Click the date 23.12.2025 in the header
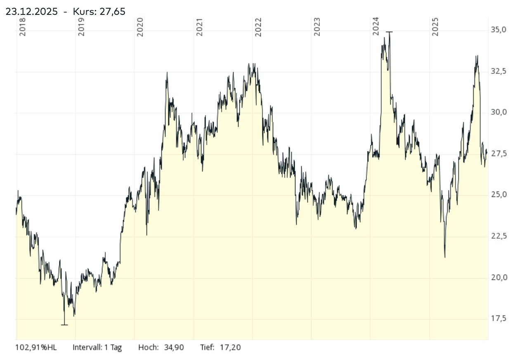pos(32,12)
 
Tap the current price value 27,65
pos(112,12)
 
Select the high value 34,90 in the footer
pos(174,347)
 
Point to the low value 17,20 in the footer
pos(231,347)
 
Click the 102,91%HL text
pos(36,347)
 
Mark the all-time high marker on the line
pos(389,32)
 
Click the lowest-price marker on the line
pos(64,325)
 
